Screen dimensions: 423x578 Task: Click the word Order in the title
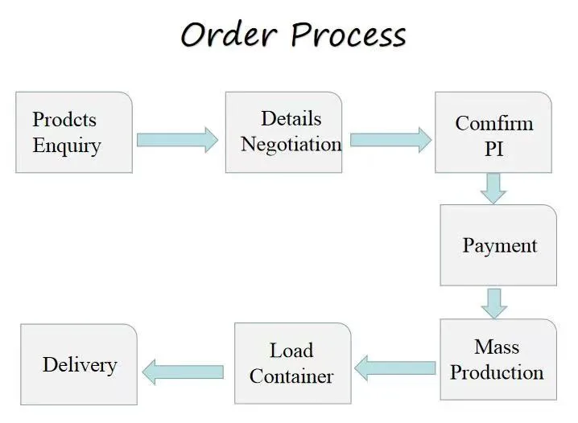(229, 35)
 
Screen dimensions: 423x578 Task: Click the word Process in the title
(348, 35)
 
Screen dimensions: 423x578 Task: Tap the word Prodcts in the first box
(64, 120)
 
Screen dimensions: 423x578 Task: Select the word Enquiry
(67, 146)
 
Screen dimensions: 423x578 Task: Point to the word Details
(291, 118)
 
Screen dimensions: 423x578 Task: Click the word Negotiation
(291, 144)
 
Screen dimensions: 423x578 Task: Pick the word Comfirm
(493, 123)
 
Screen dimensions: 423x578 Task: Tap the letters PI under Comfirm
(493, 149)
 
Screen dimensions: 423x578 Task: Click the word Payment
(499, 245)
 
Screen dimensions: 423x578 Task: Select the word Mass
(497, 347)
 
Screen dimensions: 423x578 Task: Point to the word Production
(497, 372)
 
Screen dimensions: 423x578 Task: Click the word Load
(291, 351)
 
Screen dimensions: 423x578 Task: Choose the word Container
(291, 376)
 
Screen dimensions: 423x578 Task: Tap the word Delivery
(79, 364)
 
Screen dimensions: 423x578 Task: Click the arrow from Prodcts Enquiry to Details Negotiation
(177, 140)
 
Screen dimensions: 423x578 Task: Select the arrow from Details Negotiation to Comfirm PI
(390, 140)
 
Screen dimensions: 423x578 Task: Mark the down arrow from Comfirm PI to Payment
(493, 188)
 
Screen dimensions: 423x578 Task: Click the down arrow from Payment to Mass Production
(493, 302)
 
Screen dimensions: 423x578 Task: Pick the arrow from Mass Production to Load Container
(395, 368)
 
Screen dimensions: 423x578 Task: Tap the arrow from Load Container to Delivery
(183, 371)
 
